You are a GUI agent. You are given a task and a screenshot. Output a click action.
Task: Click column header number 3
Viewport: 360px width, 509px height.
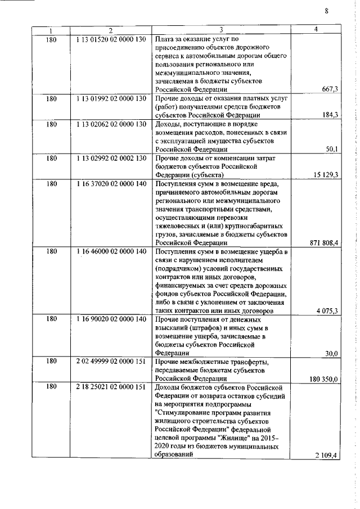[221, 30]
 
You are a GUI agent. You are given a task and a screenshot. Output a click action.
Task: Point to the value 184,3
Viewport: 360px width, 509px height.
[329, 115]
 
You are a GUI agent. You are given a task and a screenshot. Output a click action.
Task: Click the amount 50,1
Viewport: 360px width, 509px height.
[331, 149]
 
